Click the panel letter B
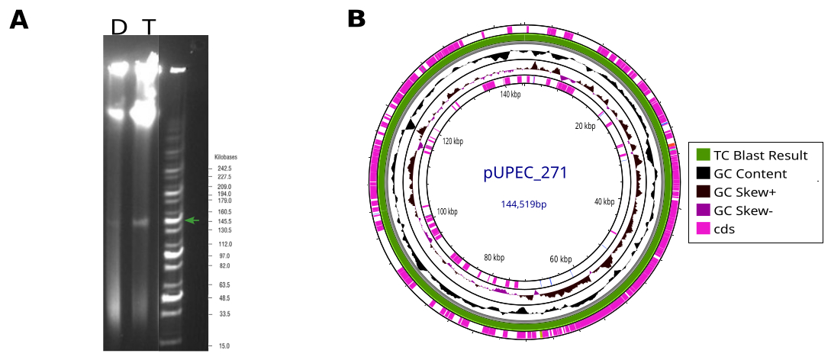(x=356, y=20)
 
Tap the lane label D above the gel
(x=119, y=27)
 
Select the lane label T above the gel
(x=150, y=27)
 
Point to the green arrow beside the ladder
(x=192, y=220)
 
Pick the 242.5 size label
(x=224, y=169)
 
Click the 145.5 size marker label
(x=224, y=220)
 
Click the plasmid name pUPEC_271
(x=525, y=173)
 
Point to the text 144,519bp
(x=523, y=204)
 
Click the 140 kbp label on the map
(x=511, y=95)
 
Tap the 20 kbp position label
(x=585, y=126)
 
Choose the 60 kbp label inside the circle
(x=561, y=259)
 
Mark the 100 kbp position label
(x=447, y=212)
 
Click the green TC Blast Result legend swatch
(x=702, y=155)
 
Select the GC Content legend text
(x=750, y=174)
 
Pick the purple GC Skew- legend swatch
(x=702, y=211)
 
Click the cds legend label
(x=724, y=230)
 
